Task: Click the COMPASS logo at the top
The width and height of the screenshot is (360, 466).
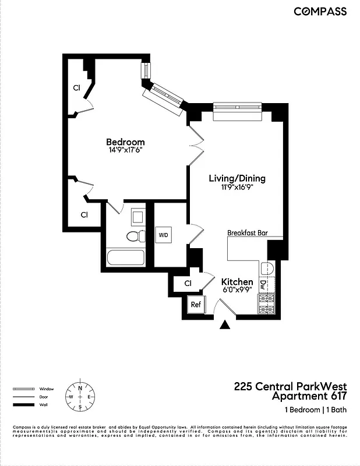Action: [x=320, y=11]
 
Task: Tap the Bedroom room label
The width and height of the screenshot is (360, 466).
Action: [x=125, y=142]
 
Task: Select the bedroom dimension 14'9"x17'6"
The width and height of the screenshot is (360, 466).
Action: [x=125, y=150]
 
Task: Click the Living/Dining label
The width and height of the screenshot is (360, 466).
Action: [x=237, y=178]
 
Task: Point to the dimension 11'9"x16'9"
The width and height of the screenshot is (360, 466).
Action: [x=237, y=186]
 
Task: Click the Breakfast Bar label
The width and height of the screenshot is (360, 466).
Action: [x=248, y=232]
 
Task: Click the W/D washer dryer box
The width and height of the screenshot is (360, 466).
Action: [x=164, y=235]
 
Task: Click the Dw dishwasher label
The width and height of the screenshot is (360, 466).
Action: [x=263, y=285]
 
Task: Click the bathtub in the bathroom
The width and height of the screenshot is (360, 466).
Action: [x=125, y=258]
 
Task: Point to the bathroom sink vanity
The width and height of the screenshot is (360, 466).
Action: [x=138, y=217]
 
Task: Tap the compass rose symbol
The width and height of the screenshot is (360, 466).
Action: [x=80, y=397]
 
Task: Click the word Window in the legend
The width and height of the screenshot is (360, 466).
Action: [x=47, y=389]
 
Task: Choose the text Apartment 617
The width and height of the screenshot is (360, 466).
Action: [x=310, y=397]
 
